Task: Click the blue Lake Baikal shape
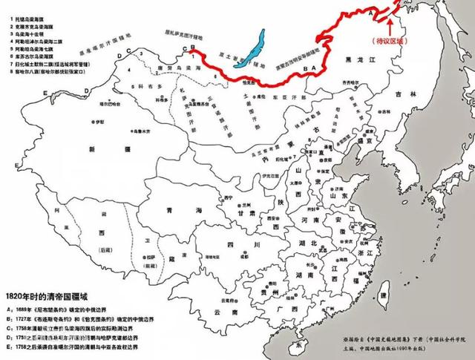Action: (255, 44)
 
